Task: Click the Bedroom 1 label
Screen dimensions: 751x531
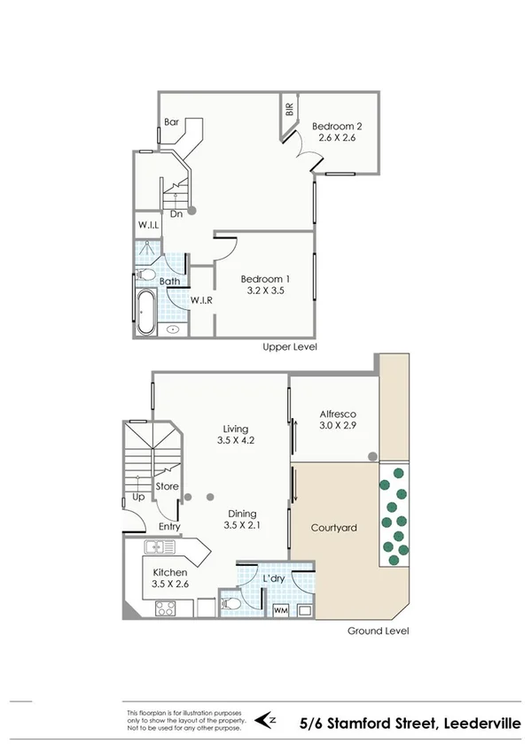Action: [266, 279]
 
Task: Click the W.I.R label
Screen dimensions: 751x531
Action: [201, 299]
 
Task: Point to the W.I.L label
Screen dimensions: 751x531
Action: [147, 226]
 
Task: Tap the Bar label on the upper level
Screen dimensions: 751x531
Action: [172, 122]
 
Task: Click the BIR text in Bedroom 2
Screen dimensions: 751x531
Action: [289, 110]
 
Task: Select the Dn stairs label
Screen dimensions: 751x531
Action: [176, 213]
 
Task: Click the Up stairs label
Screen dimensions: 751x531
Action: [138, 498]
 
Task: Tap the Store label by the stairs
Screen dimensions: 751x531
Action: [167, 486]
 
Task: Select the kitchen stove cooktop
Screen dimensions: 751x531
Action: [165, 608]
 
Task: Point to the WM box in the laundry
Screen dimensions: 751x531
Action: [281, 610]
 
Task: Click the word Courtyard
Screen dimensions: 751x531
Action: [333, 528]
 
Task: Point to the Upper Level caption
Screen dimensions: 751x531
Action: [290, 347]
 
